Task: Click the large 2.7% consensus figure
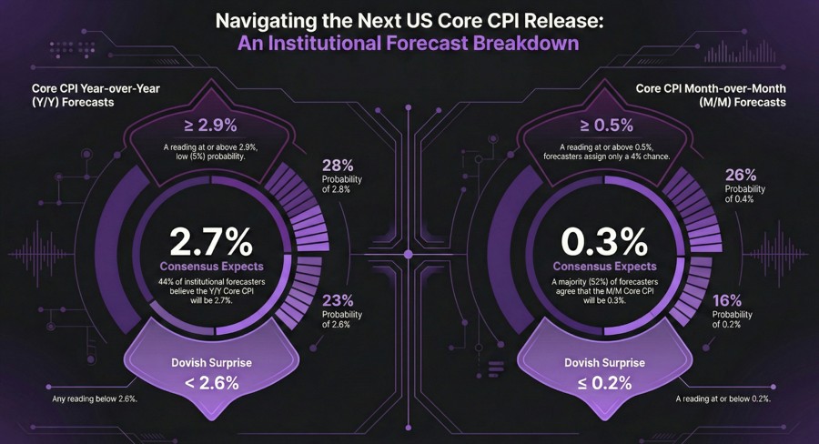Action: point(211,243)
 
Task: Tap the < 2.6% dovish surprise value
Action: point(212,382)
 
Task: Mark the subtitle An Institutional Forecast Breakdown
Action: point(409,43)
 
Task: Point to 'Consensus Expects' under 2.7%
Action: point(211,267)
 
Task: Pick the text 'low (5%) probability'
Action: point(212,156)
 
